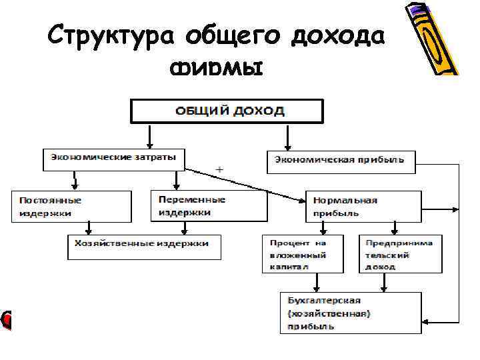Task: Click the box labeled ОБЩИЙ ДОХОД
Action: click(x=227, y=111)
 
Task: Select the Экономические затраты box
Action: click(x=114, y=158)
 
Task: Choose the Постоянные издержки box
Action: click(x=71, y=206)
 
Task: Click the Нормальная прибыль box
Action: click(x=363, y=206)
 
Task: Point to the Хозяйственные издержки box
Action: click(x=144, y=245)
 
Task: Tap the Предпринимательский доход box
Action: click(x=400, y=254)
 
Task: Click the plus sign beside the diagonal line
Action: click(x=219, y=171)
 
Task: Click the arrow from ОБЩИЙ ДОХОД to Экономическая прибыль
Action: click(x=287, y=137)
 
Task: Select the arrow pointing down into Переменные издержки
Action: click(x=176, y=180)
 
